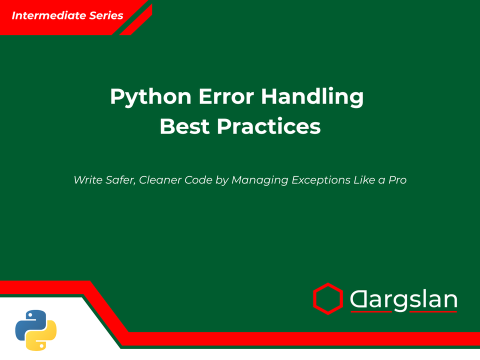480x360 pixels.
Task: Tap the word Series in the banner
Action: tap(106, 15)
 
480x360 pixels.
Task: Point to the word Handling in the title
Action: tap(312, 96)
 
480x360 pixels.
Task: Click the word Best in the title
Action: tap(185, 126)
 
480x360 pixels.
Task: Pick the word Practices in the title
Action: tap(268, 126)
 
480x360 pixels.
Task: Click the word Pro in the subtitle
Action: tap(397, 180)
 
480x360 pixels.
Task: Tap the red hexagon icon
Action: tap(327, 299)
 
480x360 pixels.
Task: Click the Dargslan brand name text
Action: tap(403, 300)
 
